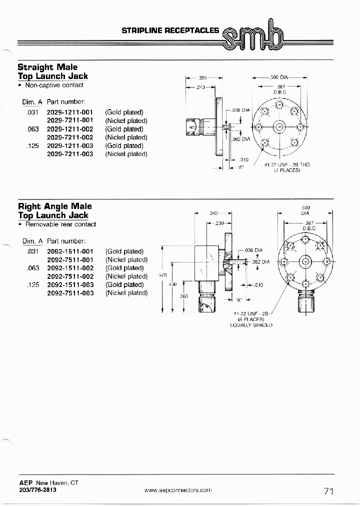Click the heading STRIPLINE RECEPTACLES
click(x=170, y=30)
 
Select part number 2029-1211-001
click(x=70, y=112)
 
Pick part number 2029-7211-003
click(x=70, y=154)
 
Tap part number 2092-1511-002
click(x=70, y=268)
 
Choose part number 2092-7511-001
click(x=70, y=259)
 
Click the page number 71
click(x=328, y=491)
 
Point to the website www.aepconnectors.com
click(x=178, y=490)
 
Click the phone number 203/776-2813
click(x=37, y=490)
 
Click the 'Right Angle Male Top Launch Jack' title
click(x=54, y=210)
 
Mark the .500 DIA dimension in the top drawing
click(x=278, y=77)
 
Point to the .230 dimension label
click(x=218, y=223)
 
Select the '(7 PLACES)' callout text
click(x=286, y=170)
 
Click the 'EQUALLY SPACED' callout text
click(x=251, y=325)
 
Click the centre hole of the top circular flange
click(x=279, y=127)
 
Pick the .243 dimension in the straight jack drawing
click(x=201, y=87)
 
